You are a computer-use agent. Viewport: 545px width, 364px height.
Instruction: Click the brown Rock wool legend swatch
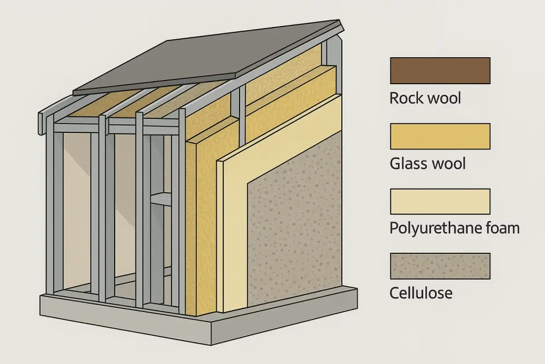(440, 70)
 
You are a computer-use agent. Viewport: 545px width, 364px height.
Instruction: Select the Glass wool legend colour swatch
(440, 136)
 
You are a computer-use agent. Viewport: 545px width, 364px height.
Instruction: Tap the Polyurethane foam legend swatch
(440, 202)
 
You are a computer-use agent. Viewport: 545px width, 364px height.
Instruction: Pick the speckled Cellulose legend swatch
(440, 266)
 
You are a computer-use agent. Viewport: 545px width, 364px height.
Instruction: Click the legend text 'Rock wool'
(425, 98)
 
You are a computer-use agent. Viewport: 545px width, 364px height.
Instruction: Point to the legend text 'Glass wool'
(428, 163)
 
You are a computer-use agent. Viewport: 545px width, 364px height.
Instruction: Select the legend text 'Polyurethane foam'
(454, 228)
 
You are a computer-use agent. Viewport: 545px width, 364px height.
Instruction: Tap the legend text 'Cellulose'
(421, 292)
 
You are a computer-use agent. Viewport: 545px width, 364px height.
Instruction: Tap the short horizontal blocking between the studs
(161, 199)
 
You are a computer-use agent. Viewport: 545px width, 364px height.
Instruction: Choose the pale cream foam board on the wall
(233, 233)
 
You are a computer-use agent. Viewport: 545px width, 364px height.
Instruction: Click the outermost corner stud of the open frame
(51, 212)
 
